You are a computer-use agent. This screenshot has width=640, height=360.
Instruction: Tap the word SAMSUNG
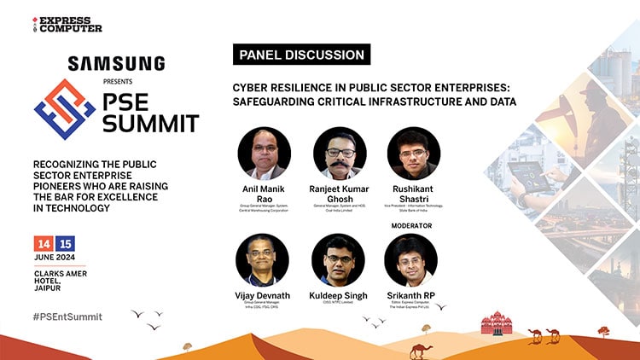click(116, 62)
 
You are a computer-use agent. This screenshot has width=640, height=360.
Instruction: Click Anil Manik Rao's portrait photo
click(264, 154)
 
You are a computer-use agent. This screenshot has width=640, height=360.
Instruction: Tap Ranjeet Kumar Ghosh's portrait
click(340, 154)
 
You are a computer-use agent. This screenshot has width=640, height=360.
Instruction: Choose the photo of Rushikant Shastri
click(413, 154)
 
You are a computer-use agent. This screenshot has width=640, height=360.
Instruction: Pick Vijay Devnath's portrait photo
click(264, 259)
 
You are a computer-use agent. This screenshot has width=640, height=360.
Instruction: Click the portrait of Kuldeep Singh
click(339, 259)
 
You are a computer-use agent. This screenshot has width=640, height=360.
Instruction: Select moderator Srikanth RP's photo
click(413, 259)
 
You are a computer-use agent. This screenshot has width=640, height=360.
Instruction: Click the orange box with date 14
click(43, 243)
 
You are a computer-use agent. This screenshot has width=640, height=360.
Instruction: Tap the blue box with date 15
click(66, 243)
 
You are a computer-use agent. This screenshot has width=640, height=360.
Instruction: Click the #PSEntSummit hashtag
click(67, 316)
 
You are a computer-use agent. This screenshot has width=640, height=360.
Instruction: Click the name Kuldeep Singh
click(339, 295)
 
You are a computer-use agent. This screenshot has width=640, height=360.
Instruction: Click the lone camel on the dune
click(420, 350)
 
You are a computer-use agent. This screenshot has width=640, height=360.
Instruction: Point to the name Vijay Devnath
click(264, 295)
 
